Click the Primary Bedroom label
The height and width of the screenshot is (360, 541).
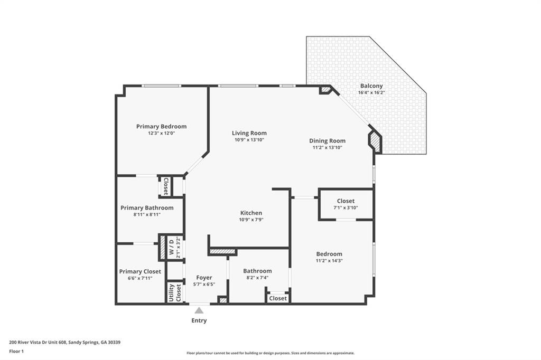click(161, 126)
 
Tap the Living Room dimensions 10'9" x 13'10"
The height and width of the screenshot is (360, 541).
click(249, 140)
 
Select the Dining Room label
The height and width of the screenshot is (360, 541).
click(327, 141)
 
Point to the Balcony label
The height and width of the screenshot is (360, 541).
click(371, 86)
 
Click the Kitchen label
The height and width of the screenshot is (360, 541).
click(251, 213)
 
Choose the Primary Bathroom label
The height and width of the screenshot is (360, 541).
click(147, 208)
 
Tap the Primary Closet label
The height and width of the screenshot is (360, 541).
click(140, 271)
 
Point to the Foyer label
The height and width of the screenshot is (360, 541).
click(204, 278)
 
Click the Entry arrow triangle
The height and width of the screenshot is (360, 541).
click(199, 310)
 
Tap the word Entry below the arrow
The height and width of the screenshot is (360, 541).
click(199, 320)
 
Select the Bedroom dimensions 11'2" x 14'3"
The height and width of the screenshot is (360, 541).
click(329, 260)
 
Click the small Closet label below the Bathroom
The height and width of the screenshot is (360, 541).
click(278, 298)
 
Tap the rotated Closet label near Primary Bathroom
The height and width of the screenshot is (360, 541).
click(166, 186)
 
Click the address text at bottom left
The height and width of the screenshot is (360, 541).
click(65, 342)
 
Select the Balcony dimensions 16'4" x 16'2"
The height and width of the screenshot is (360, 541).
click(371, 93)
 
